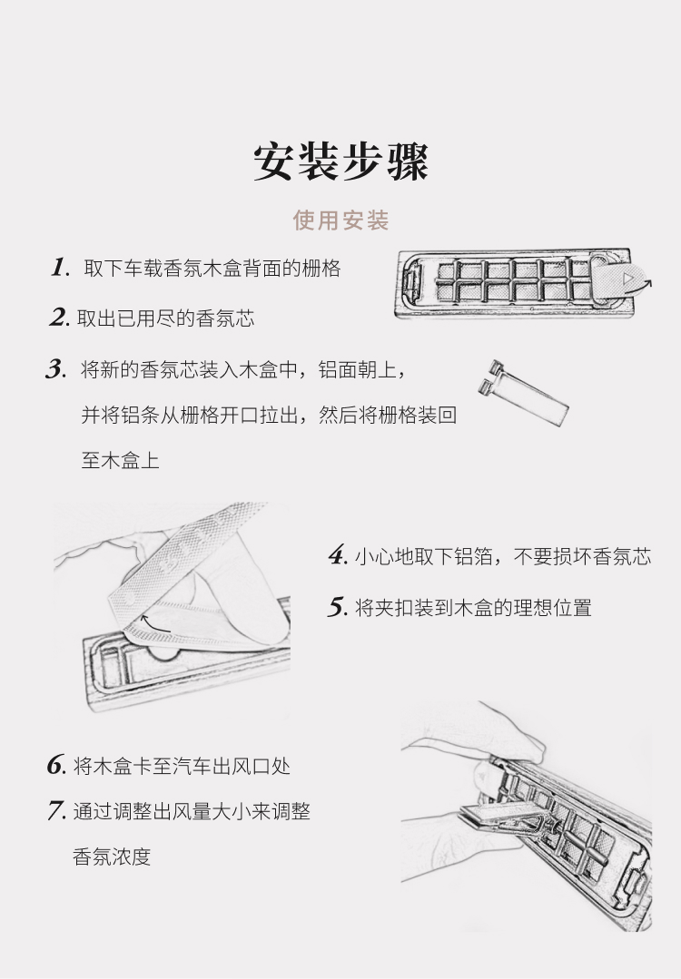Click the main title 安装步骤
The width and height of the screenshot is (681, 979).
point(340,162)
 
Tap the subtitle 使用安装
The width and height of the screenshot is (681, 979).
point(340,220)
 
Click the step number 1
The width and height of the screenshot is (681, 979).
point(59,268)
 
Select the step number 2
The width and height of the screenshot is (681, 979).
point(59,318)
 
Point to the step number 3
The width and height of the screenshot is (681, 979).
point(56,369)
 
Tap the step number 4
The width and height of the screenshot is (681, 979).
point(338,555)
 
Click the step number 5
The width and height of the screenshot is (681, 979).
point(338,607)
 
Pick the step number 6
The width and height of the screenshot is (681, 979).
point(56,765)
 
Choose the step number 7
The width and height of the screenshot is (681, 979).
point(56,811)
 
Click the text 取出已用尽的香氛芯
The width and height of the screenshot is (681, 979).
point(165,318)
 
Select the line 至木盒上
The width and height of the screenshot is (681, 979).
point(120,460)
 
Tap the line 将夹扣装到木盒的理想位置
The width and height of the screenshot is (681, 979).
point(473,608)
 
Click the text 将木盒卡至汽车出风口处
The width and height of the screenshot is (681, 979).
point(182,766)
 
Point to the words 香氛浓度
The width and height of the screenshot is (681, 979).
point(112,857)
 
